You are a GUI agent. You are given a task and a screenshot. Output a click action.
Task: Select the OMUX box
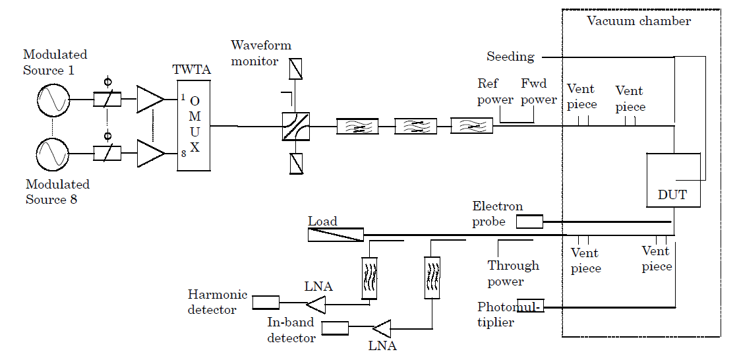point(193,125)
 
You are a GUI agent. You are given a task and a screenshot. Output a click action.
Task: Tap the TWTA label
point(191,70)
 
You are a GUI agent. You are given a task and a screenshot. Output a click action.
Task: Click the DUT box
point(672,179)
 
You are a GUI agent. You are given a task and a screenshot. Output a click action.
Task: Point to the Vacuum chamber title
point(638,21)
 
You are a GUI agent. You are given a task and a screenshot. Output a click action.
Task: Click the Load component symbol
point(336,234)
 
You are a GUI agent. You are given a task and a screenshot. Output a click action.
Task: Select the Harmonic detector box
point(265,303)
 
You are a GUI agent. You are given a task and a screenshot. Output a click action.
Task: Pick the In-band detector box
point(334,328)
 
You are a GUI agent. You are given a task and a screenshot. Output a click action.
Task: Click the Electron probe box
point(529,222)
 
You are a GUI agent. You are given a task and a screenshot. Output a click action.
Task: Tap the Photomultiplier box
point(530,307)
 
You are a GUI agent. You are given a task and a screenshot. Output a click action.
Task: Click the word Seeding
point(510,57)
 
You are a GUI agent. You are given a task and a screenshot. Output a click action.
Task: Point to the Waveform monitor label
point(261,53)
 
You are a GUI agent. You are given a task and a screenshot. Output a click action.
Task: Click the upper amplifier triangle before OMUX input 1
point(150,100)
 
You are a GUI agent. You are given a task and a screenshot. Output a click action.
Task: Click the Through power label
point(513,273)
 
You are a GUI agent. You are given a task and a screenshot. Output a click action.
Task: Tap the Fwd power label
point(539,92)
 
